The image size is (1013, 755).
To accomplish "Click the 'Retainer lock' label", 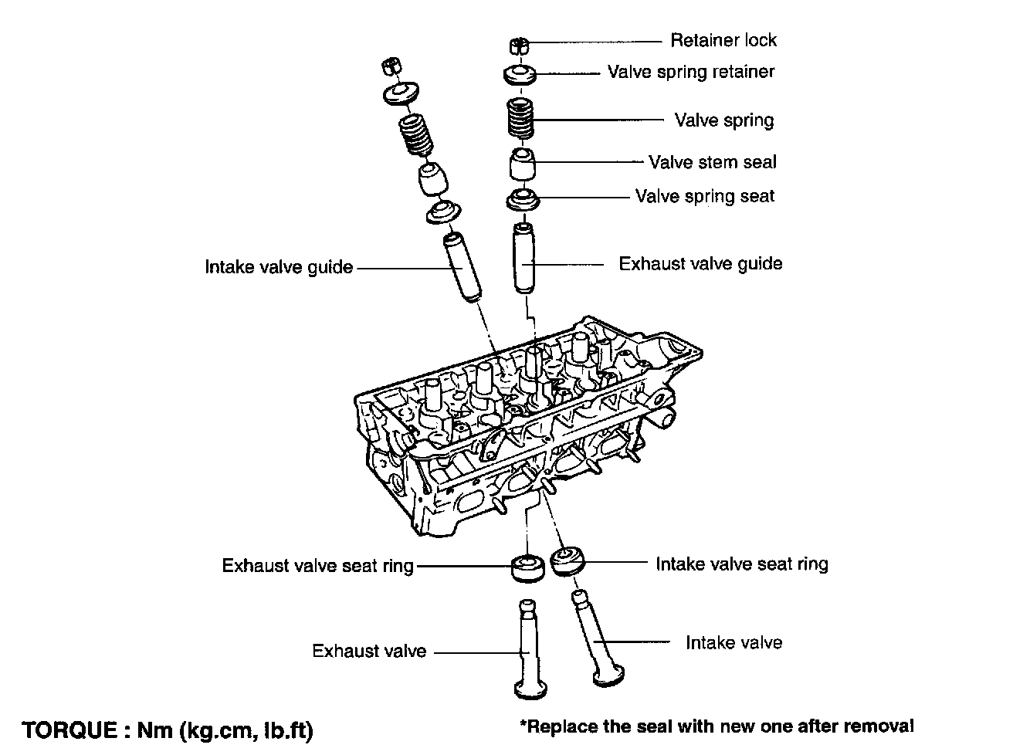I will [723, 40].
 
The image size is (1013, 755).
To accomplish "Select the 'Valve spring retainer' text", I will [690, 72].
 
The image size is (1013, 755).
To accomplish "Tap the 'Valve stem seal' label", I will [712, 162].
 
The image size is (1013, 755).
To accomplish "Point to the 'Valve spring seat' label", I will [704, 196].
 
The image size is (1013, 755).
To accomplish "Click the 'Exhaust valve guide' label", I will [700, 264].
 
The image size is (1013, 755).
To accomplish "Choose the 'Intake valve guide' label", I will [279, 268].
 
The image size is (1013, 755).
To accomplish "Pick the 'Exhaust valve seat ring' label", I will [317, 566].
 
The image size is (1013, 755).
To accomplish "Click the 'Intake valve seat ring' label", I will [741, 564].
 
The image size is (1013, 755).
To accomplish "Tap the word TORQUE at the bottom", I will [69, 730].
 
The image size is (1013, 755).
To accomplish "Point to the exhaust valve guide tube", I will [523, 259].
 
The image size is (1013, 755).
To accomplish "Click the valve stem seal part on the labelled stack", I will [523, 164].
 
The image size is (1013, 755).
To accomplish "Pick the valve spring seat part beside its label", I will [523, 199].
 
